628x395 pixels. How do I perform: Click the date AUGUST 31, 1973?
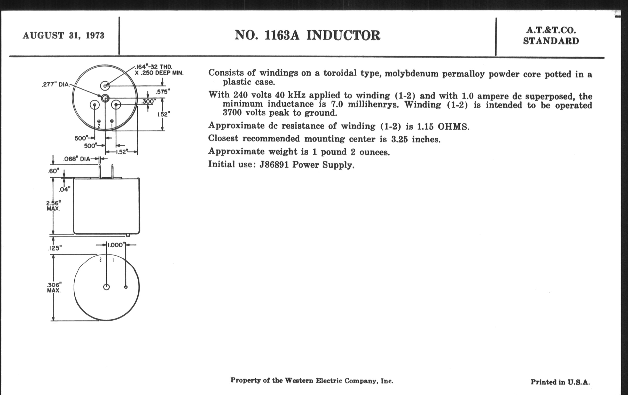click(x=63, y=35)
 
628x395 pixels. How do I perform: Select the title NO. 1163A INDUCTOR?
click(x=307, y=35)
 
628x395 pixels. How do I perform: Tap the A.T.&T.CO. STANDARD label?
click(x=551, y=36)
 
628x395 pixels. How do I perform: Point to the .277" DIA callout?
click(x=56, y=85)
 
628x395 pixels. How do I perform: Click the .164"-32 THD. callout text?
click(x=154, y=67)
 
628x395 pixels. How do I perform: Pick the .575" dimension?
click(x=162, y=92)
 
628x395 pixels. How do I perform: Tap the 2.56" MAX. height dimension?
click(x=53, y=206)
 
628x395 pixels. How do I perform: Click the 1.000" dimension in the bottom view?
click(x=116, y=245)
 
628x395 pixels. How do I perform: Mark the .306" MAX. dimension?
click(x=54, y=287)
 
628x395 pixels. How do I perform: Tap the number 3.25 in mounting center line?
click(x=399, y=139)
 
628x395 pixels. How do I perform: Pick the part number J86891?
click(x=274, y=165)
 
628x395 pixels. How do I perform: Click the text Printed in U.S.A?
click(x=560, y=382)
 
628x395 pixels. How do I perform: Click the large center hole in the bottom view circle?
click(x=106, y=287)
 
